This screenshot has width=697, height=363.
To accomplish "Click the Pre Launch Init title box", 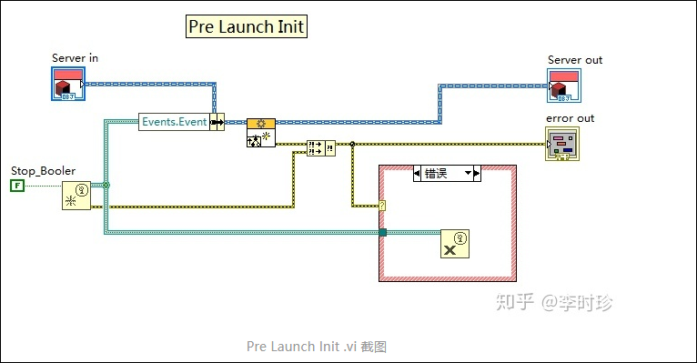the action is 246,26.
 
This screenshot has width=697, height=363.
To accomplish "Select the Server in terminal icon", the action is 66,85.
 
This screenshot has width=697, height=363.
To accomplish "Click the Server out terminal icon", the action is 564,85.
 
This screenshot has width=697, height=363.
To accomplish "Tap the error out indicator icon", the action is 561,145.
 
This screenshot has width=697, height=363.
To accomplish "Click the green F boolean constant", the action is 16,186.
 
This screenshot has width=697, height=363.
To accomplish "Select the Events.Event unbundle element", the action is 174,122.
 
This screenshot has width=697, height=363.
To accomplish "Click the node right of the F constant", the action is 76,196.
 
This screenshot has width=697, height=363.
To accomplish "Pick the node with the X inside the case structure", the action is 455,244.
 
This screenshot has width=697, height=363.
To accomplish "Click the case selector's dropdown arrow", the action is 470,173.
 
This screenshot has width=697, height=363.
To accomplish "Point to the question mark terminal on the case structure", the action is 382,206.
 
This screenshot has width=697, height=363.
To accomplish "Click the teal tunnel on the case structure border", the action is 382,233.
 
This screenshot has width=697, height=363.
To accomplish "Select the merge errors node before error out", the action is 320,146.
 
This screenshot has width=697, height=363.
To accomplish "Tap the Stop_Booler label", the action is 43,170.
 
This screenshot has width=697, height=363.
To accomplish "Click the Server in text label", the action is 75,58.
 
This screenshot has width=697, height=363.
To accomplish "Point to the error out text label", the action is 570,118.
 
